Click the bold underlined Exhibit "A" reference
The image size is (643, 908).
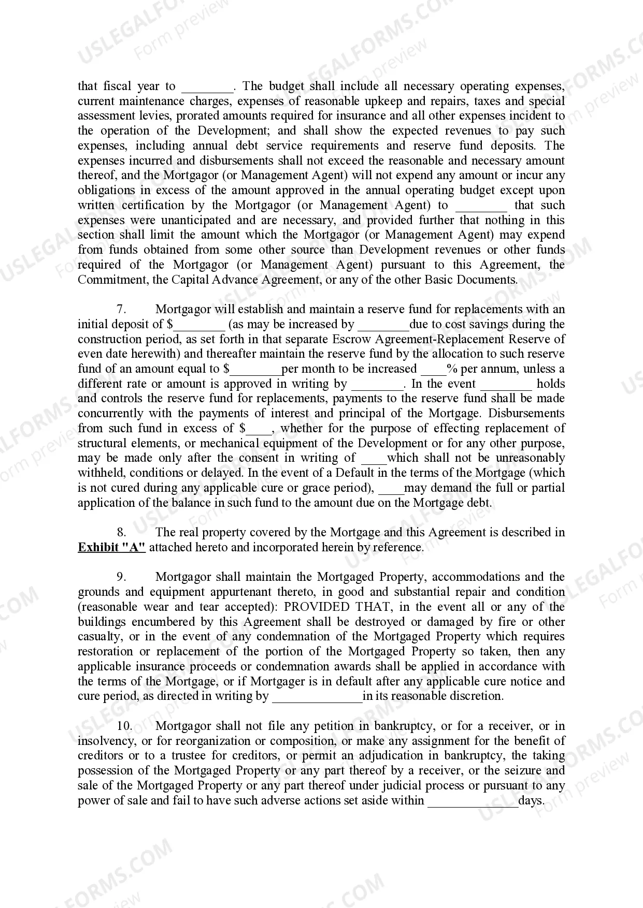pyautogui.click(x=111, y=548)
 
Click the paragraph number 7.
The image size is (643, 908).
pyautogui.click(x=121, y=310)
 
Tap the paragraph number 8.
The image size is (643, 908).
pyautogui.click(x=121, y=533)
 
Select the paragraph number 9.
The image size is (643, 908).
pyautogui.click(x=121, y=577)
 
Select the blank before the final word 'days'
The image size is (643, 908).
pyautogui.click(x=473, y=801)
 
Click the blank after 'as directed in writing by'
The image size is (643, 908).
pyautogui.click(x=317, y=697)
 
